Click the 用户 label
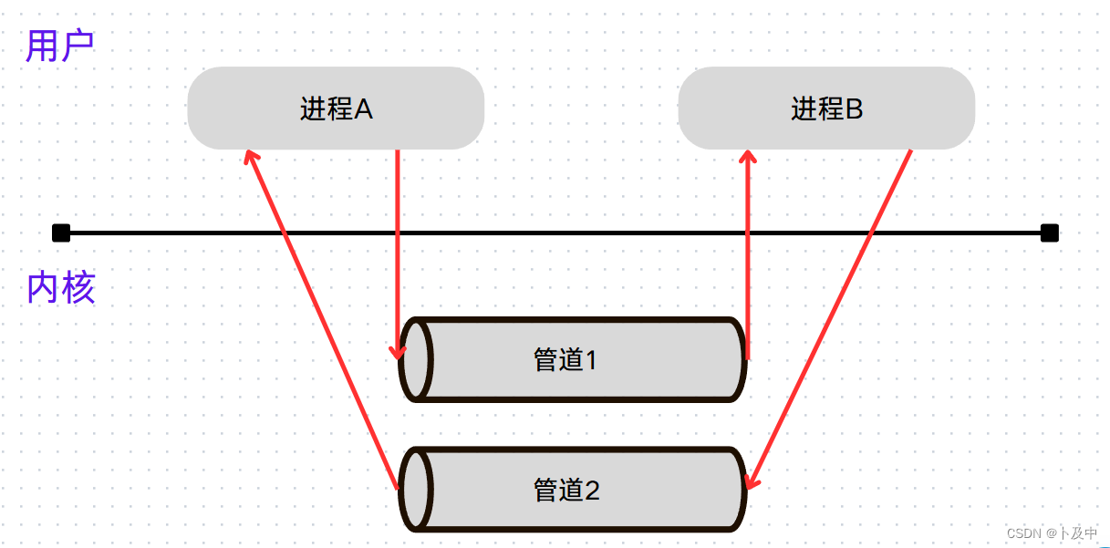60,46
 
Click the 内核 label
61,288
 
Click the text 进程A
336,109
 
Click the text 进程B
826,109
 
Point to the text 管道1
565,360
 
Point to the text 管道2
566,491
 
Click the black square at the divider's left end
61,233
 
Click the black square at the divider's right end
1049,233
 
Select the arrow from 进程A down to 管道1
398,255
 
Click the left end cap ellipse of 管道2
417,490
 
